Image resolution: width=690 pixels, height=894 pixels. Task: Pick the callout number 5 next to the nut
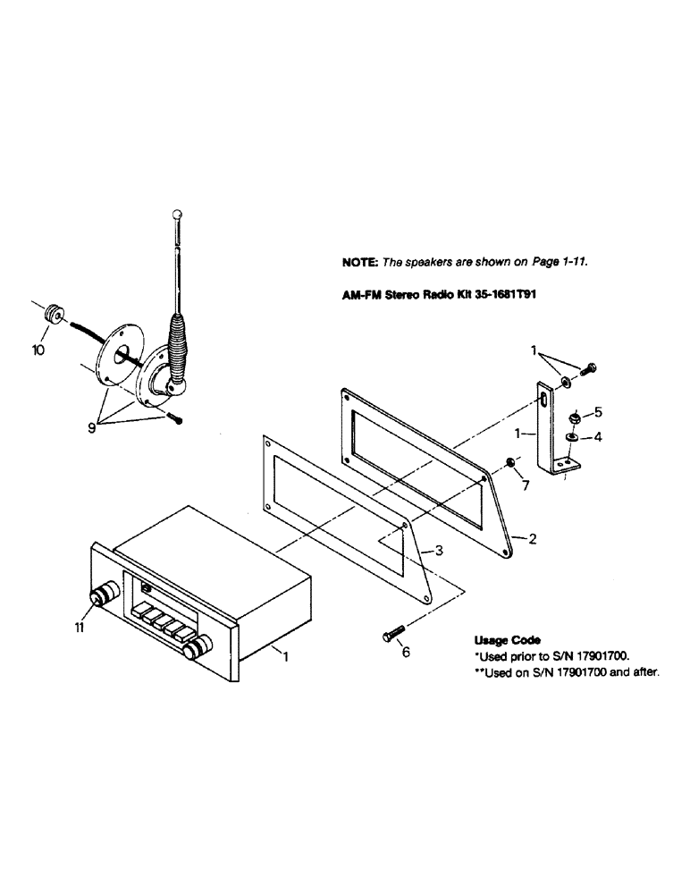pos(599,412)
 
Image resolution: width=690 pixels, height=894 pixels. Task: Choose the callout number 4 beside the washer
pos(599,438)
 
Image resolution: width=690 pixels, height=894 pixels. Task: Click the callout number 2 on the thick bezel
pos(532,539)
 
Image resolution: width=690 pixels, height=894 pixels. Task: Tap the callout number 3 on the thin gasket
pos(439,552)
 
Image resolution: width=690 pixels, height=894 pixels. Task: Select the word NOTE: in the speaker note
pos(360,263)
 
